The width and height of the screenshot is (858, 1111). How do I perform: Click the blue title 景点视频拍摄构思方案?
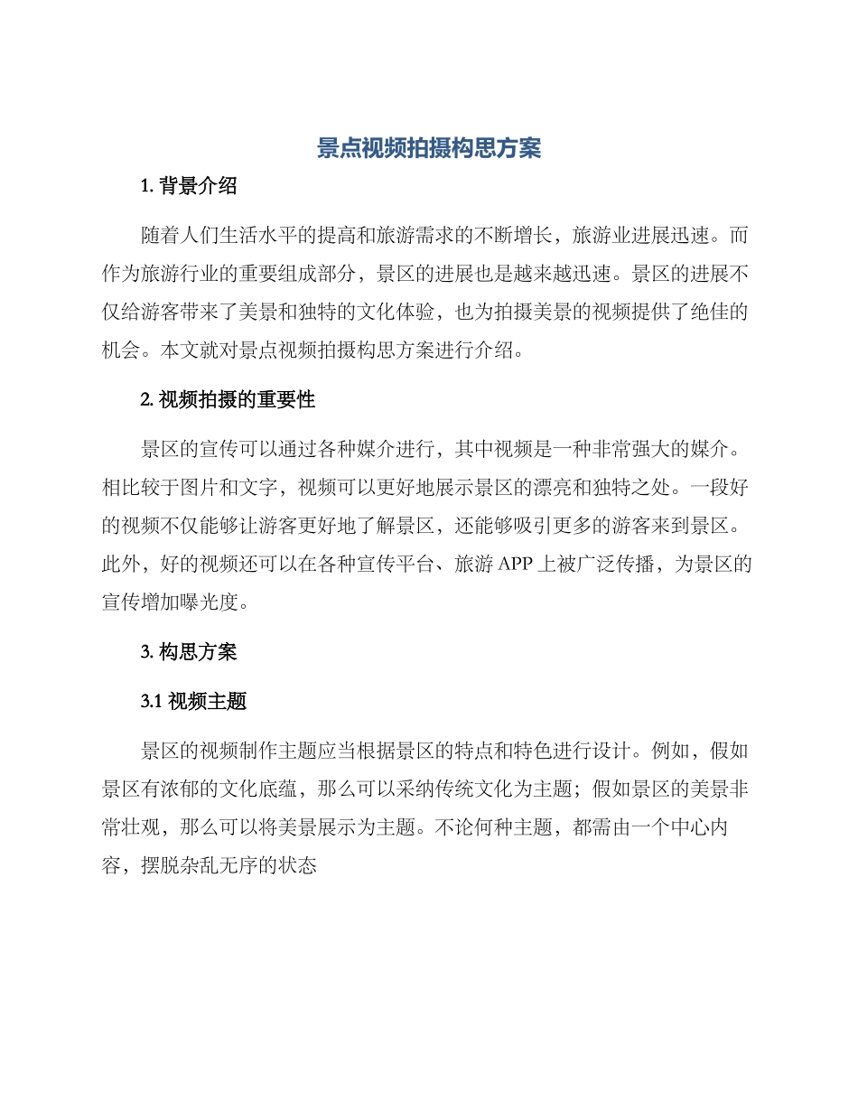pyautogui.click(x=429, y=149)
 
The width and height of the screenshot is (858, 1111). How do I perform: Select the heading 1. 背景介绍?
pyautogui.click(x=189, y=187)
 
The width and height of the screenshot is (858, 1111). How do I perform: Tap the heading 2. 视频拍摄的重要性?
pyautogui.click(x=228, y=399)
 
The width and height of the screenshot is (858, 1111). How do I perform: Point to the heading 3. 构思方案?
pyautogui.click(x=189, y=651)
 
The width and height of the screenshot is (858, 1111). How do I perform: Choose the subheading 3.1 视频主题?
pyautogui.click(x=194, y=701)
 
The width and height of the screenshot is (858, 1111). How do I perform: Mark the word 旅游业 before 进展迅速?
pyautogui.click(x=601, y=236)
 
